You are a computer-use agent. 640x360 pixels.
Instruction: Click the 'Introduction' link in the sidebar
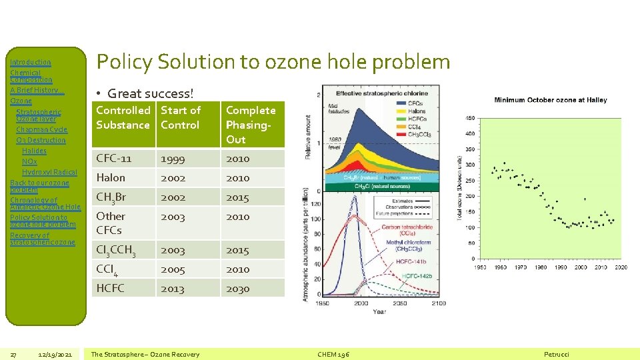[x=31, y=62]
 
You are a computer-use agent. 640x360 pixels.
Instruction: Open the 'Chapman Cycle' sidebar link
[x=41, y=129]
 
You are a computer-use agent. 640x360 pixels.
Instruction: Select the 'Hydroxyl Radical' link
[x=49, y=172]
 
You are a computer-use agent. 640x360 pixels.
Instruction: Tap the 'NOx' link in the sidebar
[x=29, y=161]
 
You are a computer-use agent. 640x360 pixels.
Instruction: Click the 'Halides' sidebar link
[x=34, y=151]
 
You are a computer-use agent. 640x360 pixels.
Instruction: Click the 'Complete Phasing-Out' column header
[x=251, y=125]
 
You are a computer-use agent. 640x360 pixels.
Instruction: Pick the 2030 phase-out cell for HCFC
[x=237, y=289]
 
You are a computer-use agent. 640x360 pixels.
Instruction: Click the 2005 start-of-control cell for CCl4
[x=173, y=269]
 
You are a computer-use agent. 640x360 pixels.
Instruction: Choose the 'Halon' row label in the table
[x=111, y=178]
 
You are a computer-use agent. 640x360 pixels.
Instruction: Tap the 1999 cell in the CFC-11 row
[x=173, y=159]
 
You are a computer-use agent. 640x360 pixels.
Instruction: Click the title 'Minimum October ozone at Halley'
[x=541, y=100]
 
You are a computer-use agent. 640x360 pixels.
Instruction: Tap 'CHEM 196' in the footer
[x=333, y=354]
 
